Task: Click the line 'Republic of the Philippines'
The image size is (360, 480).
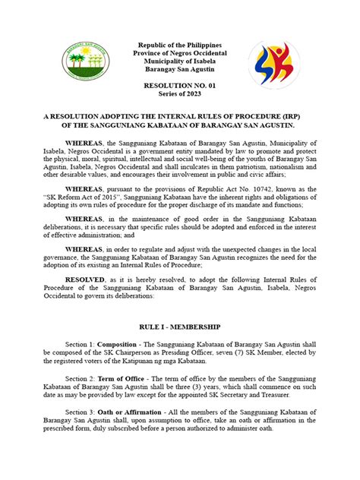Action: [179, 48]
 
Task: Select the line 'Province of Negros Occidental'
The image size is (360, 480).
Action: [179, 57]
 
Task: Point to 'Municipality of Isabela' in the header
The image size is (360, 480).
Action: [179, 66]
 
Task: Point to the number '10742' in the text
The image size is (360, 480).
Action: [268, 187]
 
